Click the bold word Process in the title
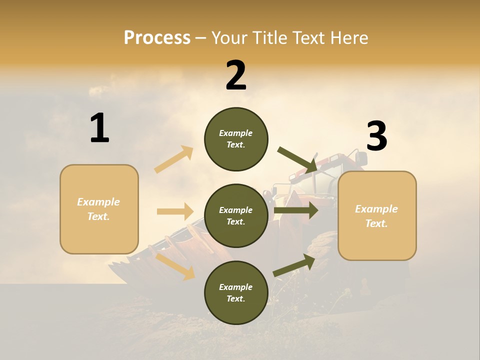(x=157, y=37)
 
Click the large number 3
(x=376, y=136)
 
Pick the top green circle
(x=236, y=139)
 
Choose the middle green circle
(x=236, y=215)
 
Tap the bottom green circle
(x=236, y=292)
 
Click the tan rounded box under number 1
(x=99, y=209)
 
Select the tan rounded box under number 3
(x=377, y=216)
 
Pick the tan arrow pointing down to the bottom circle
(x=175, y=265)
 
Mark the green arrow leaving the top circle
(x=297, y=160)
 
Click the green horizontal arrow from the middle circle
(x=296, y=210)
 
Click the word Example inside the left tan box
(x=98, y=202)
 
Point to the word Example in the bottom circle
(x=236, y=287)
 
